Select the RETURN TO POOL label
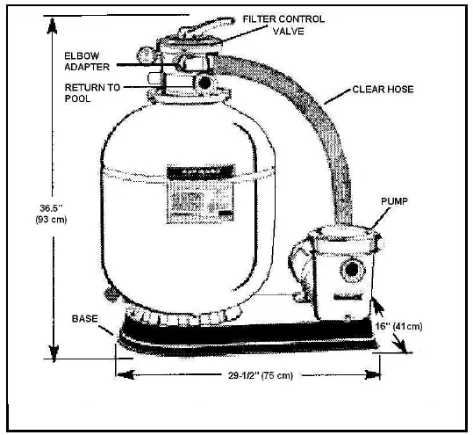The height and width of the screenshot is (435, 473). pyautogui.click(x=91, y=94)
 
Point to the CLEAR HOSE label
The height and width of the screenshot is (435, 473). pyautogui.click(x=383, y=89)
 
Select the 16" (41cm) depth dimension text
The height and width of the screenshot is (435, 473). pyautogui.click(x=427, y=324)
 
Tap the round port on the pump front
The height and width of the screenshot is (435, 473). pyautogui.click(x=349, y=267)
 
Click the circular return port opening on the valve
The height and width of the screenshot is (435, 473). pyautogui.click(x=205, y=83)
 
